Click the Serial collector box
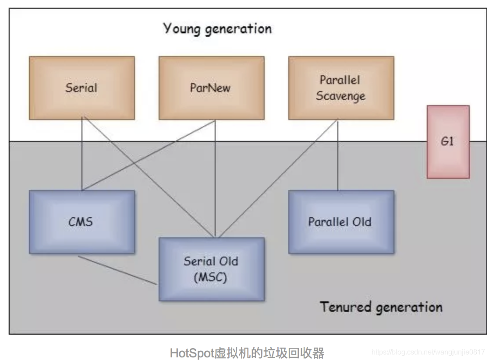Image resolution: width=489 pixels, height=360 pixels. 81,88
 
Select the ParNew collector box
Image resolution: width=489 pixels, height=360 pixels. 211,88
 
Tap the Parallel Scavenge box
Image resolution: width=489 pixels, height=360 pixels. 341,88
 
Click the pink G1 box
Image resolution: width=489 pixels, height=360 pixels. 448,141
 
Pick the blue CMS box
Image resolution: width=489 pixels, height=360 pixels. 81,222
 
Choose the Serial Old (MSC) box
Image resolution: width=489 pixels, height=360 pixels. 211,269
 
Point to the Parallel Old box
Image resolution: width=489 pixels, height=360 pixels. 341,222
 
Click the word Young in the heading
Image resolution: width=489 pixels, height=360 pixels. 181,28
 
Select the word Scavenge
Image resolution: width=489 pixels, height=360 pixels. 340,96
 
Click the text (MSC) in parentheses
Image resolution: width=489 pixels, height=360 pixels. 211,277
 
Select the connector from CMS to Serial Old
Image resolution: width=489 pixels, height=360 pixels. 117,270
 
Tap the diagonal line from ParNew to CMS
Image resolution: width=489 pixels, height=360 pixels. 149,155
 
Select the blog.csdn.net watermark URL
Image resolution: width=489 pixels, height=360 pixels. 428,352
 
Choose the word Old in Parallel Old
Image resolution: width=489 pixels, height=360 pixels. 362,222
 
